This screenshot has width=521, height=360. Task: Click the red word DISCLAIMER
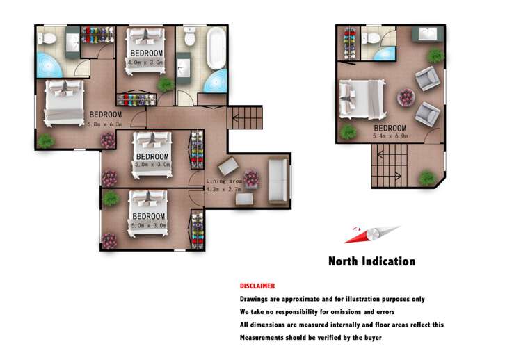point(257,286)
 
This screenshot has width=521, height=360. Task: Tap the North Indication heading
point(372,261)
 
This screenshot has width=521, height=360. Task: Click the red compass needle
point(358,236)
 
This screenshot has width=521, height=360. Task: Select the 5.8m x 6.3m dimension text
point(105,124)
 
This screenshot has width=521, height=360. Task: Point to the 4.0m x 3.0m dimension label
point(145,62)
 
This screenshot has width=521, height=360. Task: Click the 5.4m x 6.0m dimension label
point(390,136)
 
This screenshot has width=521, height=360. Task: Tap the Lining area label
point(224,181)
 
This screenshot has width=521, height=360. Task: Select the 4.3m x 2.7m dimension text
point(223,189)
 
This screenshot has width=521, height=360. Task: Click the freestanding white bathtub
point(216,48)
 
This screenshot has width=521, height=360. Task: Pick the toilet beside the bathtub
point(190,37)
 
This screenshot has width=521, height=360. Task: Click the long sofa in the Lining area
point(278,180)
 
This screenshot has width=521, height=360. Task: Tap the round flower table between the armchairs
point(406,97)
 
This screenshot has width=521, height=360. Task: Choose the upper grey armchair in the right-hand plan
point(428,79)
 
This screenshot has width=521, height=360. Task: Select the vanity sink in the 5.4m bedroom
point(428,34)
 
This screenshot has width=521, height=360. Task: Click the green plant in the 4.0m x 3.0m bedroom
point(166,85)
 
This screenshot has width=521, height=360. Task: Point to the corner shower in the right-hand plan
point(385,54)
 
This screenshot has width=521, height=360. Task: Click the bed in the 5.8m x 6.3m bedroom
point(64,103)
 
